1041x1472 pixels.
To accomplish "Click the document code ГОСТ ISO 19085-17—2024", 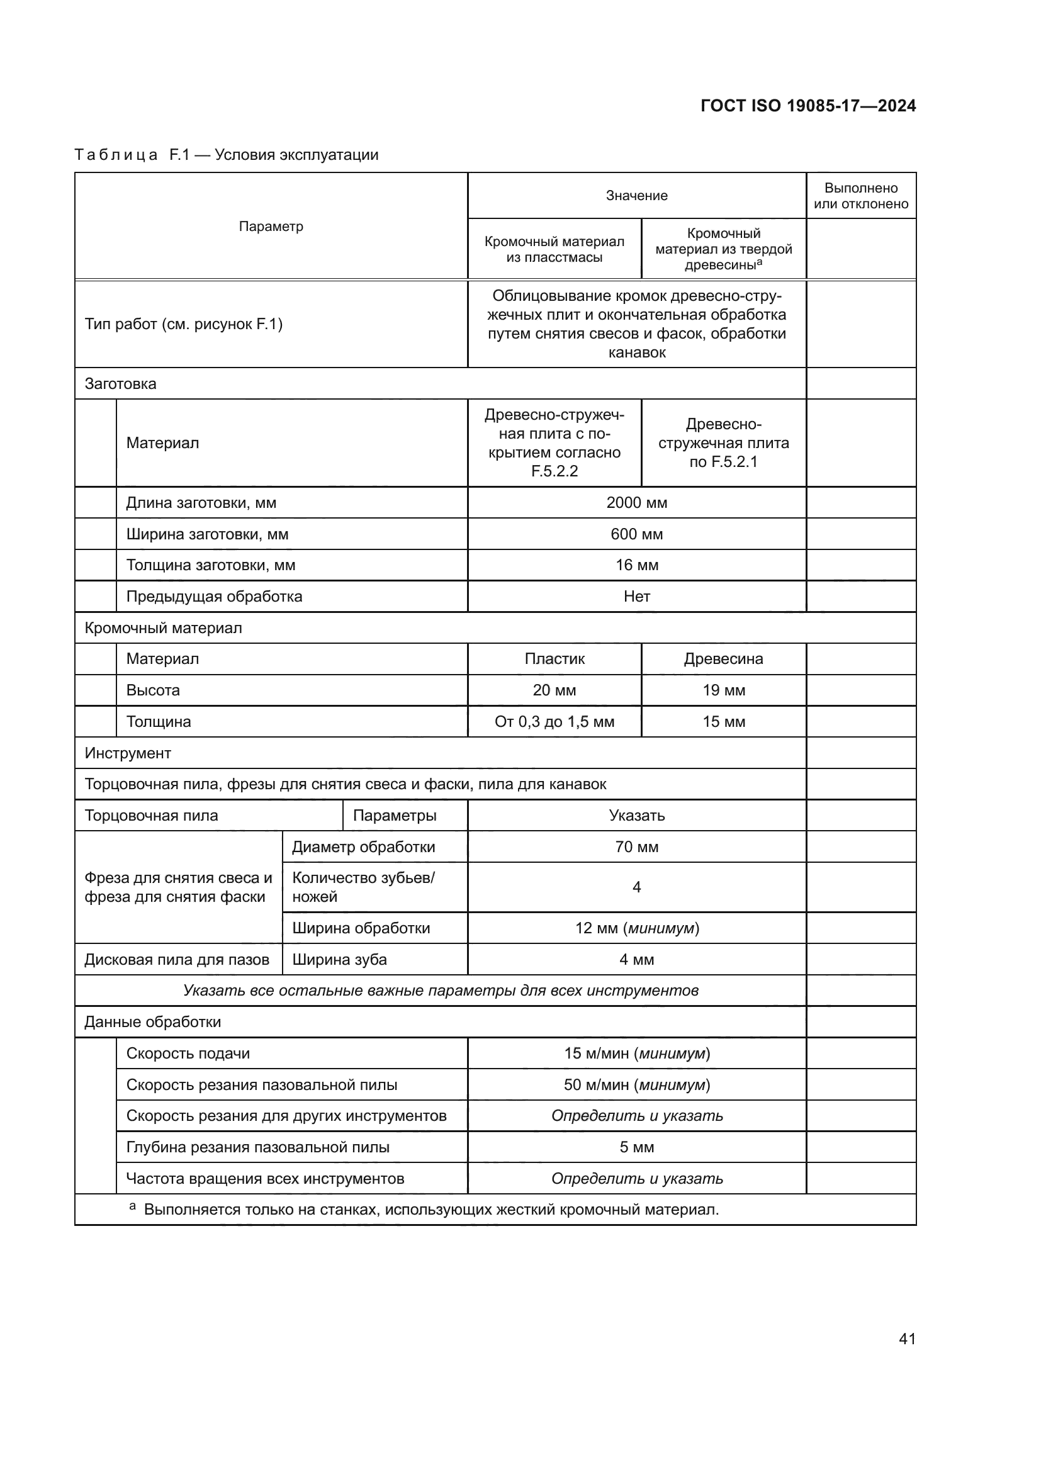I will coord(807,106).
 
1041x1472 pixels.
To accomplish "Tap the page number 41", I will coord(907,1339).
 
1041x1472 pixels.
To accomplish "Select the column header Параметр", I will coord(271,227).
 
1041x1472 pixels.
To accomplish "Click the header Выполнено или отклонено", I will coord(861,196).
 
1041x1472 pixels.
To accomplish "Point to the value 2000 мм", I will coord(636,503).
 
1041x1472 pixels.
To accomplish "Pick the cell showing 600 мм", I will coord(636,534).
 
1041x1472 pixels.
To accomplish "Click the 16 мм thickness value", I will coord(636,565).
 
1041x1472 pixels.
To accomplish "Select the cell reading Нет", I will coord(636,596).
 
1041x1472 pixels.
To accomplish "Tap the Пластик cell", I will coord(554,658).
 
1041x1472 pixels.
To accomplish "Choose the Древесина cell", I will coord(723,658).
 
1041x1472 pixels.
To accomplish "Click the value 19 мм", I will coord(723,690).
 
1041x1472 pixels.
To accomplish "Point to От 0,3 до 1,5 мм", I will coord(554,721).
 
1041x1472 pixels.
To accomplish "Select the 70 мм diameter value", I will coord(636,847).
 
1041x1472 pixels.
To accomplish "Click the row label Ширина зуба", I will coord(340,960).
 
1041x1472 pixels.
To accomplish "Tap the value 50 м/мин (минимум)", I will coord(636,1085).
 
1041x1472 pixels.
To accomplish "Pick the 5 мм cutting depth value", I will coord(636,1147).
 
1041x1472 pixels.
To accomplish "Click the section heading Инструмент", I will coord(128,753).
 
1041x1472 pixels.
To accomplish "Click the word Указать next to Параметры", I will coord(636,816).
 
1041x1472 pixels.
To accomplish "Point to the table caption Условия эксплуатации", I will coord(296,155).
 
